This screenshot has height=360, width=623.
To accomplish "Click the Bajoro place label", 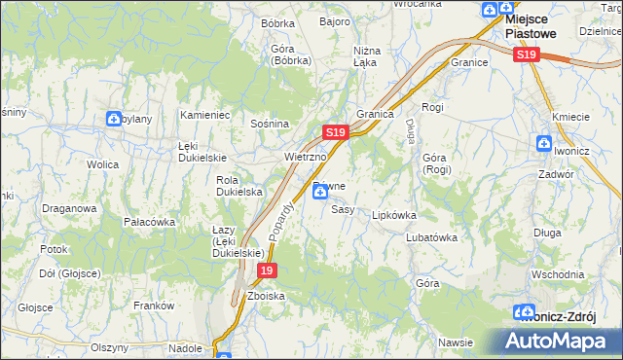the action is click(x=334, y=21).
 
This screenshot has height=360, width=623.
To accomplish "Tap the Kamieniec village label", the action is click(x=204, y=115).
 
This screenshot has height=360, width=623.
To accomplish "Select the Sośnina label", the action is click(x=270, y=125).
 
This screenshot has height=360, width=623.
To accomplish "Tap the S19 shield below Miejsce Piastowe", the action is click(x=526, y=55).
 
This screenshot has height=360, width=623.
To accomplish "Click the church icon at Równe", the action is click(x=320, y=193).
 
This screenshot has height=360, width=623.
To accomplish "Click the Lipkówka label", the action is click(x=394, y=215).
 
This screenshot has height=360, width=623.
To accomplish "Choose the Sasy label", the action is click(x=342, y=209).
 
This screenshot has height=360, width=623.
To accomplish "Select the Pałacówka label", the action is click(x=149, y=222).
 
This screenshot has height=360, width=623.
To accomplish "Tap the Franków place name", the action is click(x=154, y=306).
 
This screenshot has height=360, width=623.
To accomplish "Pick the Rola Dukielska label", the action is click(x=239, y=186).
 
